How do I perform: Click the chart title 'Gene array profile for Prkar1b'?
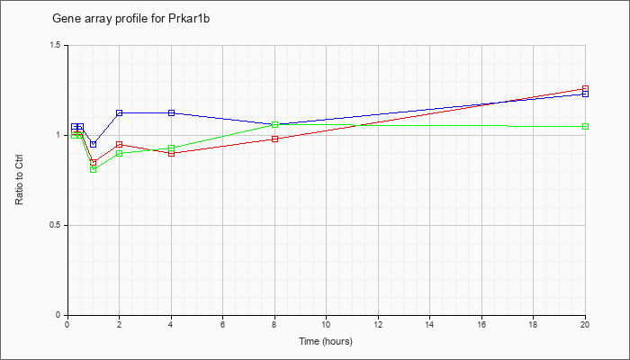coord(131,19)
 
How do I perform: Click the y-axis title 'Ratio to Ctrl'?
coord(19,180)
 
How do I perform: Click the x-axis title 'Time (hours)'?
coord(326,341)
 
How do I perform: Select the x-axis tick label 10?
coord(326,324)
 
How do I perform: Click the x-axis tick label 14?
coord(429,324)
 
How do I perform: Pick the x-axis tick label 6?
coord(222,324)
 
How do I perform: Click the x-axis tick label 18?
coord(533,324)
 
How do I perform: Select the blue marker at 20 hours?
coord(585,94)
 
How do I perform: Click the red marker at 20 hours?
coord(585,89)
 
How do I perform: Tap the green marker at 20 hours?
coord(585,127)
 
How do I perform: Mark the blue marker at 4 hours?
coord(172,112)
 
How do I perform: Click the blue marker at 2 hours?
coord(120,112)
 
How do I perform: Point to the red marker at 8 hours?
coord(274,139)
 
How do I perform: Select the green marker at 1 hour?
coord(94,169)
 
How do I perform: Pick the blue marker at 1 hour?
coord(94,144)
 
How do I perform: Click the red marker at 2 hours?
coord(120,144)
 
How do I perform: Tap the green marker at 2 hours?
coord(120,153)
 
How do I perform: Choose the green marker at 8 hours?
coord(274,124)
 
